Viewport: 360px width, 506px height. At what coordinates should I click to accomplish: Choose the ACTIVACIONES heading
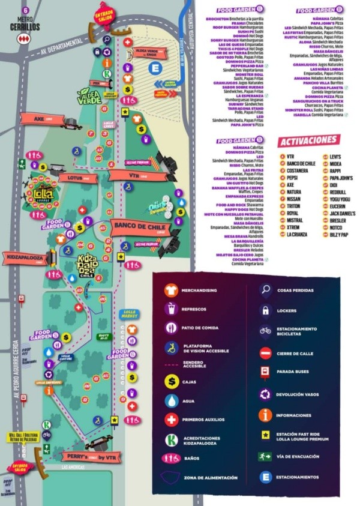click(x=308, y=140)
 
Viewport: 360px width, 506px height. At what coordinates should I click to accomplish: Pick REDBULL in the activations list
click(x=337, y=192)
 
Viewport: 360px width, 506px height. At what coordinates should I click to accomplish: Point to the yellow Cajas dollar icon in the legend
click(x=172, y=380)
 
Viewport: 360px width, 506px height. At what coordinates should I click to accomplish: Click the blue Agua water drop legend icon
click(x=172, y=400)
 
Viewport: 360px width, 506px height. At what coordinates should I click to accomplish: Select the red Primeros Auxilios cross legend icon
click(x=172, y=420)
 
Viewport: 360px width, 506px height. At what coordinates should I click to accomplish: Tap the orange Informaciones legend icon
click(x=265, y=415)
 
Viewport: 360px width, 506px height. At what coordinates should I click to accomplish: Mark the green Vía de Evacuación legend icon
click(x=265, y=456)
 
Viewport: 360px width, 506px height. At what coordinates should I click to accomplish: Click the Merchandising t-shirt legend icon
click(x=172, y=290)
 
